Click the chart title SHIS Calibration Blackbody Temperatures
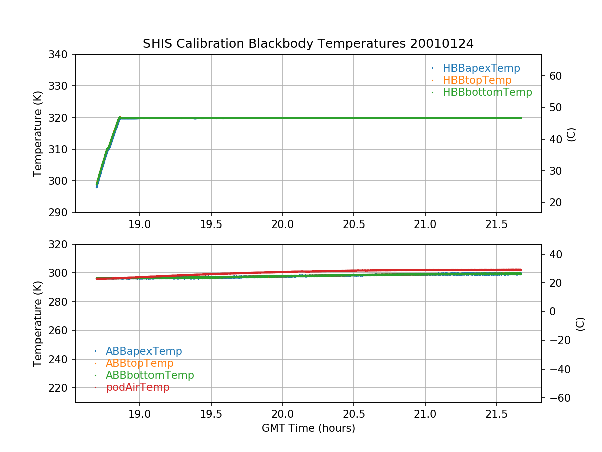pos(308,44)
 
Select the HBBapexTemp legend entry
pos(481,68)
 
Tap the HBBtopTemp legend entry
pos(477,80)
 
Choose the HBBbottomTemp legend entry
pos(487,92)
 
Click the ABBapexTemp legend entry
pos(143,351)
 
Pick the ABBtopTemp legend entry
pos(139,363)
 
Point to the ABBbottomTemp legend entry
pos(149,375)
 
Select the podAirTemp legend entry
pos(137,387)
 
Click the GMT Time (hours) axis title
pos(308,428)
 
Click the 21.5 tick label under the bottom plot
pos(496,414)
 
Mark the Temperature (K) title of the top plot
pos(38,133)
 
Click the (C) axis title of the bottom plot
pos(580,324)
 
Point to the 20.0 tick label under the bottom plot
pos(282,414)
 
